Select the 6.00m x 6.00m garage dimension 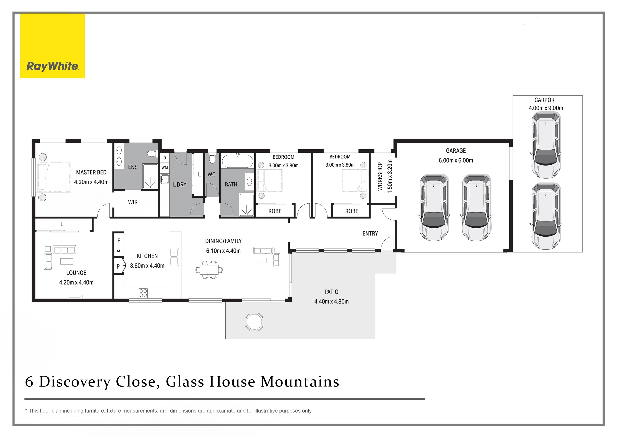(x=456, y=161)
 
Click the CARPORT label (x=546, y=100)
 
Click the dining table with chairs (x=209, y=269)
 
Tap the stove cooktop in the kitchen (x=143, y=293)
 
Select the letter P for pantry (x=118, y=267)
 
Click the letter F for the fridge (x=119, y=241)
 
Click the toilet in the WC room (x=212, y=158)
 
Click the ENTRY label (x=370, y=234)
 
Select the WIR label (x=133, y=202)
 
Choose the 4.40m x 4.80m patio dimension (x=331, y=301)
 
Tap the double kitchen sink (x=174, y=257)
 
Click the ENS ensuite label (x=133, y=167)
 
